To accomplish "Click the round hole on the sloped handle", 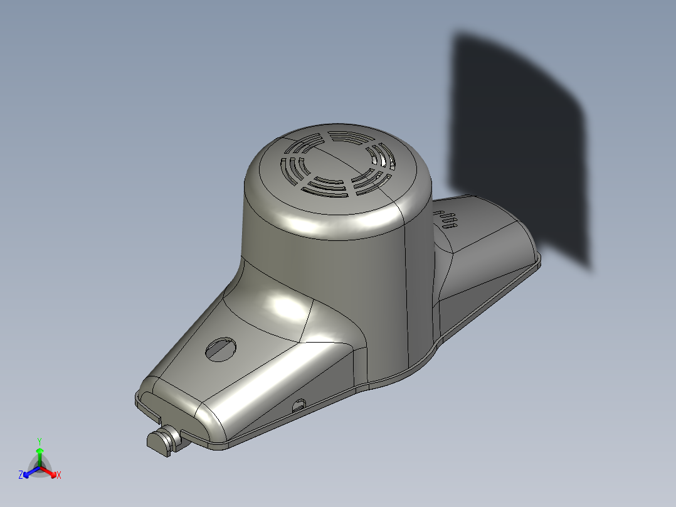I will [221, 349].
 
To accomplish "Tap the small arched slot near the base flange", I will [298, 405].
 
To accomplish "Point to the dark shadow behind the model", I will [520, 144].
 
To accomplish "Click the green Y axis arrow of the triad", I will [40, 451].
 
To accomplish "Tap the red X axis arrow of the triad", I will [52, 471].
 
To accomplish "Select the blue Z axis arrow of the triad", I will [28, 472].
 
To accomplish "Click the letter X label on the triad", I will [59, 476].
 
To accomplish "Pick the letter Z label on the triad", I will [21, 476].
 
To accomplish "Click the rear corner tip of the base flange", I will [538, 259].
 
